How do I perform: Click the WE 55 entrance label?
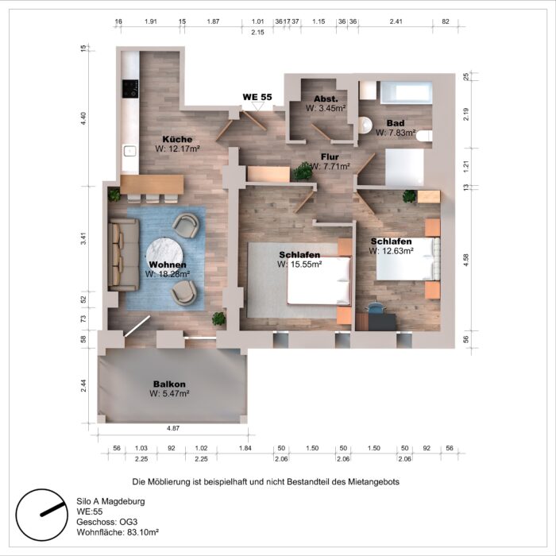(x=257, y=97)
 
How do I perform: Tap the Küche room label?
(x=177, y=139)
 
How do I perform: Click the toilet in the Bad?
(x=365, y=125)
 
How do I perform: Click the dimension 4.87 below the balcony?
(x=173, y=428)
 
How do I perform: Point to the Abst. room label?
(x=326, y=98)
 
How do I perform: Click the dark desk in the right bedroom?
(x=376, y=321)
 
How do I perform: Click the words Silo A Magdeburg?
(x=111, y=502)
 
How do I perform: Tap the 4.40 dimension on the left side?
(x=83, y=118)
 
